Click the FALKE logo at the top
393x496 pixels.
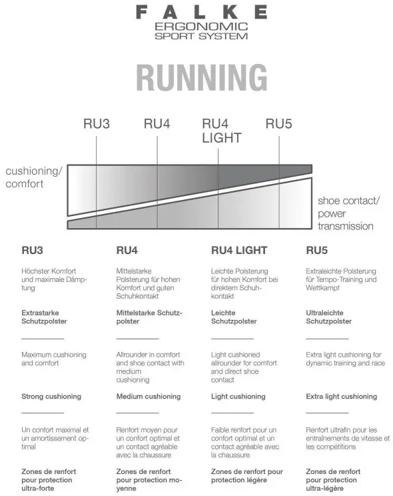pos(201,13)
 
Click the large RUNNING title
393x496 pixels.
pos(202,77)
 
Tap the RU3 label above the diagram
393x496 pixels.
pos(97,124)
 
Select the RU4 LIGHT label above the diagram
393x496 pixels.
pos(222,131)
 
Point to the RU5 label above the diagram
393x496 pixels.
pos(278,124)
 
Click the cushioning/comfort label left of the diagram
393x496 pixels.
pos(34,177)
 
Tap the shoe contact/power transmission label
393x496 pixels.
pos(349,213)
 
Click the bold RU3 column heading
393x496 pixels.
pos(32,250)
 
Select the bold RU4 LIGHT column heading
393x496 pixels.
pos(239,250)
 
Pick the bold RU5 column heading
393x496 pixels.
pos(317,250)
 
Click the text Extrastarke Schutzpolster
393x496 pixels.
pos(44,317)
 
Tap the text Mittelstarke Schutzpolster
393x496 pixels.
pos(149,317)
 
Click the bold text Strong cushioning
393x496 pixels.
pos(51,397)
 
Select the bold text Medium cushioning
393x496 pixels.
pos(149,397)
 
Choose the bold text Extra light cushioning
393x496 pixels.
pos(342,397)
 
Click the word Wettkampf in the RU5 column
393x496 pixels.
pos(322,288)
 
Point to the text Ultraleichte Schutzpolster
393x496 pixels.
pos(328,317)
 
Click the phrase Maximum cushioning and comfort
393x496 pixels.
pos(54,359)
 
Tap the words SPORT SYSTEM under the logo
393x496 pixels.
pos(201,36)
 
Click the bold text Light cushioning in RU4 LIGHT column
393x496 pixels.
pos(238,397)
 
